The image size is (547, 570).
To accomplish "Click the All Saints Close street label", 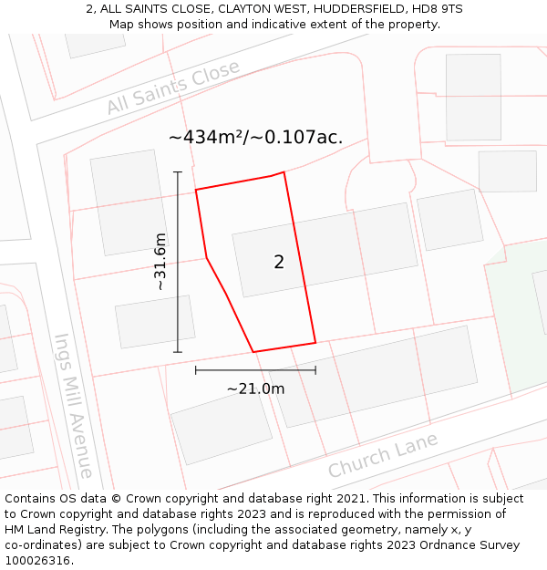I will pos(172,88).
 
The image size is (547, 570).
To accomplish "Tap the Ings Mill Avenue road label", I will pos(73,405).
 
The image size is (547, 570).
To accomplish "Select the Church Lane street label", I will pos(383,455).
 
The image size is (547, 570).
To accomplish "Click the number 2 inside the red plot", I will pos(279,263).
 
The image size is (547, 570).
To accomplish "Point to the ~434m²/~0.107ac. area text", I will pos(255,138).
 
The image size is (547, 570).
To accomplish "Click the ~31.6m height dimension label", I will pos(160,262).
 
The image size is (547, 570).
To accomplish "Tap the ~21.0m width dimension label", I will pos(255,389).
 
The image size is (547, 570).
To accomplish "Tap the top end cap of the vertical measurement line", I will pos(178,171).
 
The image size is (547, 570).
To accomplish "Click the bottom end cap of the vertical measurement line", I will pos(178,352).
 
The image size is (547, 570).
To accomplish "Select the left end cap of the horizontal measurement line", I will pos(196,370).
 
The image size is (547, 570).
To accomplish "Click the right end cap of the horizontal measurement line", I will pos(315,370).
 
